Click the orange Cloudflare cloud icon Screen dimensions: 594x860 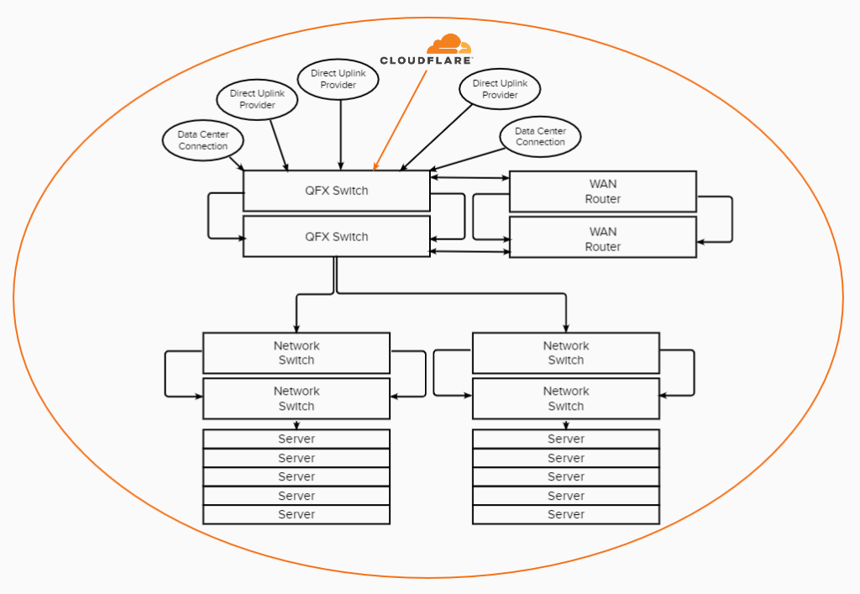click(x=448, y=44)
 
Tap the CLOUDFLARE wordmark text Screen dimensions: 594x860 click(x=426, y=60)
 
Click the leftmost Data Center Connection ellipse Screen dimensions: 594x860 click(x=203, y=140)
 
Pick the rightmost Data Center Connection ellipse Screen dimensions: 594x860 click(x=540, y=137)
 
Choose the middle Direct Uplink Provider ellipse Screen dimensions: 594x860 click(x=339, y=79)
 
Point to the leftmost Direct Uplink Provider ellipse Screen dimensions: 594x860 click(x=257, y=99)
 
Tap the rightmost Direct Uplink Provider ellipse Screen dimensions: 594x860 click(x=500, y=89)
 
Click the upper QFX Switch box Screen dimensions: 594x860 click(x=336, y=191)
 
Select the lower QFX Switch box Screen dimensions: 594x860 click(x=336, y=237)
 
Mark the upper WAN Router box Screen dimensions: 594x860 click(x=602, y=192)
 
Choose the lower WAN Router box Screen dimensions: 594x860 click(x=602, y=239)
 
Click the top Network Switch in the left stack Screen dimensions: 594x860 click(x=296, y=353)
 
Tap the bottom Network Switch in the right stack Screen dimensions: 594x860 click(x=565, y=398)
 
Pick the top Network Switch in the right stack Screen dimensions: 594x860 click(x=565, y=353)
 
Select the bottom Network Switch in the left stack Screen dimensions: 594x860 click(x=296, y=398)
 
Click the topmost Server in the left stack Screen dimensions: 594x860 click(x=296, y=439)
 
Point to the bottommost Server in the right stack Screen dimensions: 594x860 click(x=565, y=514)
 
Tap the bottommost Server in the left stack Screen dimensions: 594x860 click(x=296, y=514)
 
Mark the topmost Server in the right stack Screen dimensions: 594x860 click(x=565, y=439)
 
